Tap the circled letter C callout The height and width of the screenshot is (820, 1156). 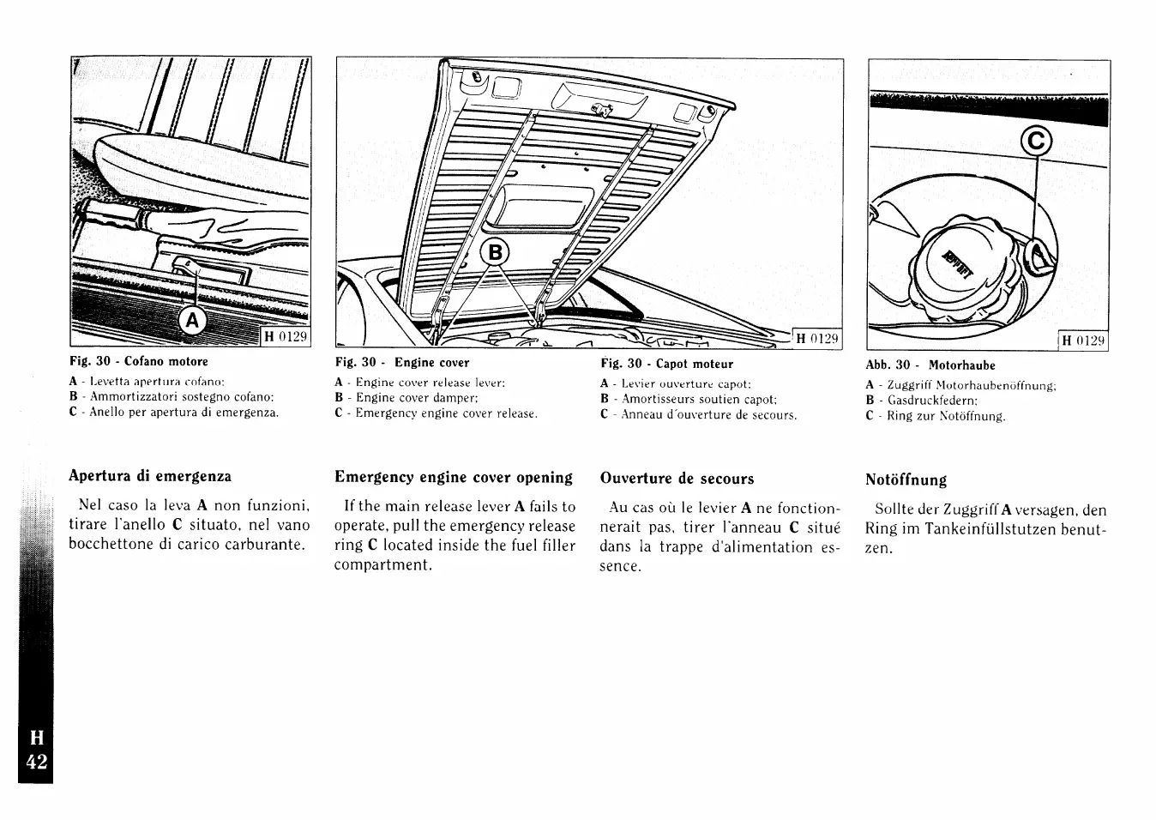(x=1036, y=141)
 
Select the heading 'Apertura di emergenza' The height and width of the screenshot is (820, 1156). (x=150, y=476)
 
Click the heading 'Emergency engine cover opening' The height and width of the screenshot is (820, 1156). (x=454, y=477)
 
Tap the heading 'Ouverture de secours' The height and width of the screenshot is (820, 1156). (x=677, y=479)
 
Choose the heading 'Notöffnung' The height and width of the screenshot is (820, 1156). (x=906, y=479)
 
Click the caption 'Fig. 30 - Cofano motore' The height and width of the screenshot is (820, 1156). (x=139, y=362)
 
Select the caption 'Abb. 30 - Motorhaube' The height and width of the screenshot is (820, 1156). (x=930, y=365)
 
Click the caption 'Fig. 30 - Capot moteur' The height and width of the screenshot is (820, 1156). (x=666, y=364)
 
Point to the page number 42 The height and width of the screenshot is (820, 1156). (x=36, y=763)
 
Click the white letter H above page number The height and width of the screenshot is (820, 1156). (x=36, y=738)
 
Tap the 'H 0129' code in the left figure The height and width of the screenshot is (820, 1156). (x=285, y=336)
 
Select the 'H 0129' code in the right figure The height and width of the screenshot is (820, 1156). (x=1084, y=341)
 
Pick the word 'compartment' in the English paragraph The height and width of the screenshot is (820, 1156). (x=382, y=565)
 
